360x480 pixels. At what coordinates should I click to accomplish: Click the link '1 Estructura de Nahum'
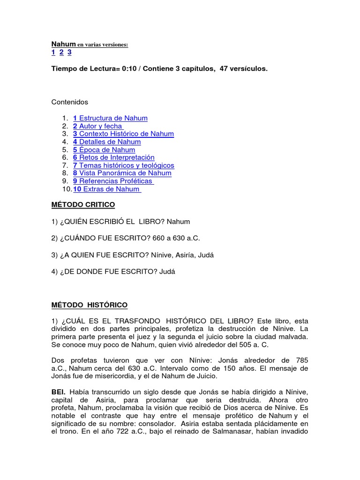110,118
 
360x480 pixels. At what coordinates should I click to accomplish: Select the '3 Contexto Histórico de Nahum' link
123,134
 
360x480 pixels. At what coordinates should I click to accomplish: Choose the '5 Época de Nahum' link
104,150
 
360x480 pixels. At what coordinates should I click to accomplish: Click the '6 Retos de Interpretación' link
113,157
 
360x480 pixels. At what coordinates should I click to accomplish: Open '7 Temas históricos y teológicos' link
123,165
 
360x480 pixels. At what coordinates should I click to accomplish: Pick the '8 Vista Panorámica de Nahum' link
122,173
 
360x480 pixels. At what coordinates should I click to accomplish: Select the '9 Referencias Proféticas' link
113,181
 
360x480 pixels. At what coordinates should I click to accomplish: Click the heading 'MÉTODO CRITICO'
83,205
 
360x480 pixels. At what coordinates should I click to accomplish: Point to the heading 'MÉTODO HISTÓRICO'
89,305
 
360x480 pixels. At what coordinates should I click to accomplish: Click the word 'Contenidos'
69,102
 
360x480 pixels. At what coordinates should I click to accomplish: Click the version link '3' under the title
69,52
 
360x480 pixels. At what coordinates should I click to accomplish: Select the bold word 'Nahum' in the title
63,44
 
